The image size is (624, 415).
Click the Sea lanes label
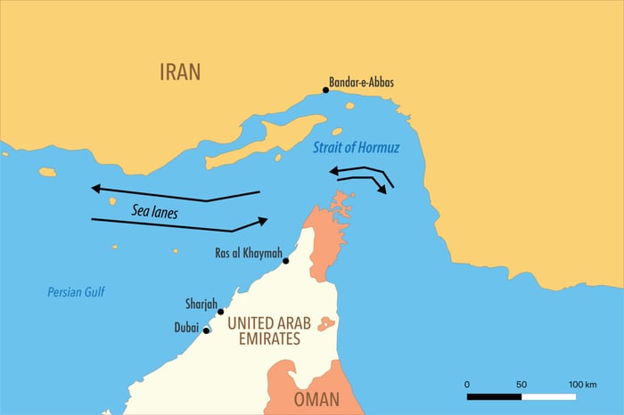click(x=154, y=212)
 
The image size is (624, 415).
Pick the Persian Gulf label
click(x=76, y=291)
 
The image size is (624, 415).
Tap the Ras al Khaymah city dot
click(x=285, y=261)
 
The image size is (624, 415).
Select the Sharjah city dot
click(x=220, y=312)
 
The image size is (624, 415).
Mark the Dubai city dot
click(x=206, y=330)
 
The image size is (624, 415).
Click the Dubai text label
click(x=185, y=328)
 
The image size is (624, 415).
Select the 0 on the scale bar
click(x=468, y=383)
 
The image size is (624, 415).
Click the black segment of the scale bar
click(x=495, y=395)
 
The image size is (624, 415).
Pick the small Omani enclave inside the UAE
click(x=327, y=323)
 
